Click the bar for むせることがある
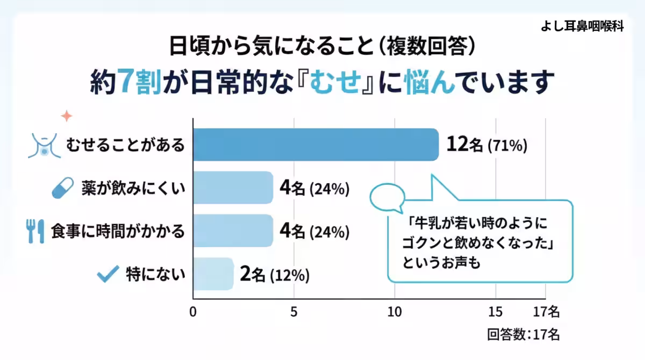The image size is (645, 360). [316, 145]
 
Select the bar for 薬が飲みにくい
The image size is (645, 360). [233, 188]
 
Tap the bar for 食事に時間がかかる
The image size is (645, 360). [233, 231]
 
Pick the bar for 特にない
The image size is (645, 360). [213, 274]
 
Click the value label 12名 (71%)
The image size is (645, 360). [486, 145]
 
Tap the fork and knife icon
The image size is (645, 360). [35, 231]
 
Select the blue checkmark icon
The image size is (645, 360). [107, 275]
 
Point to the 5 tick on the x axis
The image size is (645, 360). [293, 312]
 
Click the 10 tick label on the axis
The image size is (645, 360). [395, 312]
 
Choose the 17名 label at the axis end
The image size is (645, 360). [546, 312]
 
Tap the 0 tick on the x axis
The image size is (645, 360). [193, 312]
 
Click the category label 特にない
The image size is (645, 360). [156, 275]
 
